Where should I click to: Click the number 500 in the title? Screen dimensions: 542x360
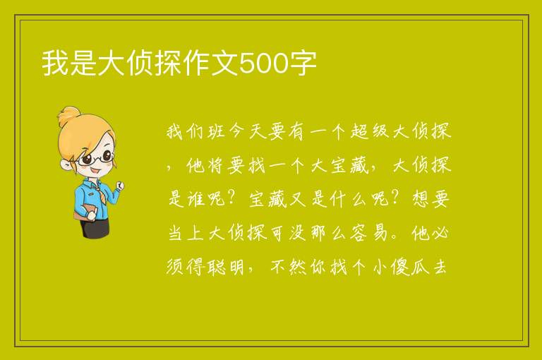(263, 64)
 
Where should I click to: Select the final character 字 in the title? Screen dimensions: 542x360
(303, 64)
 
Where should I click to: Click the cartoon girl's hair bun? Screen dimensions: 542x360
(68, 116)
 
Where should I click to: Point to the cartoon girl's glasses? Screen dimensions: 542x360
(95, 158)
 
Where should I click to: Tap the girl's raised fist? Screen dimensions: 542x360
(120, 185)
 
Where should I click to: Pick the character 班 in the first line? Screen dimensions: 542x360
(217, 131)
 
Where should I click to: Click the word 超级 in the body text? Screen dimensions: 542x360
(369, 131)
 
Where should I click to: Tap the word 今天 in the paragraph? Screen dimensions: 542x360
(247, 131)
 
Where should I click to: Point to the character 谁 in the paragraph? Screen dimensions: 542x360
(195, 199)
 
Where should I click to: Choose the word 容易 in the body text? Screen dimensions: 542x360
(369, 233)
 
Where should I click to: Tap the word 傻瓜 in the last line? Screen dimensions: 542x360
(410, 267)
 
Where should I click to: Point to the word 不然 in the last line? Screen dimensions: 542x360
(288, 267)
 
